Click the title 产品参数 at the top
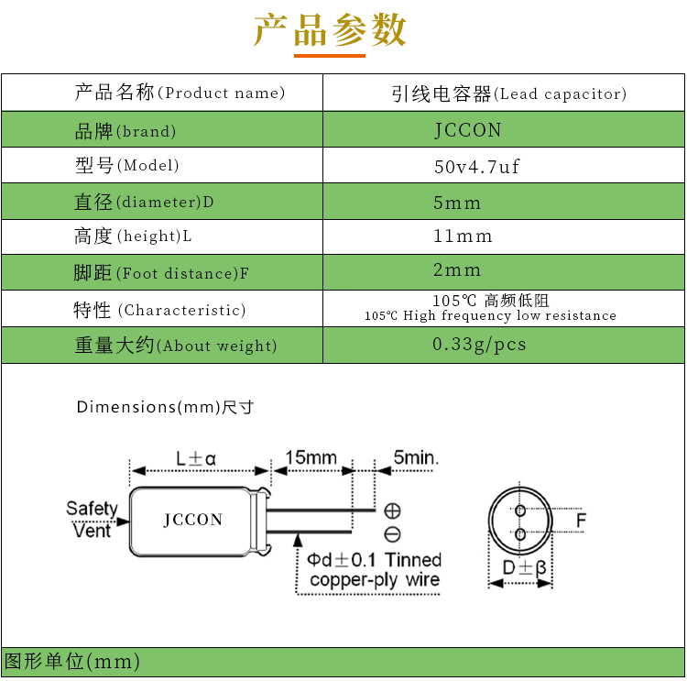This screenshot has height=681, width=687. pos(330,30)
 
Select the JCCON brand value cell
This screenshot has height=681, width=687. pos(468,130)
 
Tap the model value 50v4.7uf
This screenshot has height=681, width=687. pos(476,167)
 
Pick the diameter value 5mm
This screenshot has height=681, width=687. pos(457,202)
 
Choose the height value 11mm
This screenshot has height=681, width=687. pos(463,236)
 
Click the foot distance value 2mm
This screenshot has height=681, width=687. pos(457,270)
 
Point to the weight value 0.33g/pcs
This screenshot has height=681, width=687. pos(479,345)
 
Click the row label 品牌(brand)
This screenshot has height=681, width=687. pos(125,131)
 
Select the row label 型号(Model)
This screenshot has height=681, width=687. pos(126,166)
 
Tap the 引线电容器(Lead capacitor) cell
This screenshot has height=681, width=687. pos(508,93)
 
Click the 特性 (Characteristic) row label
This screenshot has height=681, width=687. pos(159,310)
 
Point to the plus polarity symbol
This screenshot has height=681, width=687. pos(392,511)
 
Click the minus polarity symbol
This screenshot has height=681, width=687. pos(392,534)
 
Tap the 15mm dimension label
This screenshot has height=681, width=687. pos(311,456)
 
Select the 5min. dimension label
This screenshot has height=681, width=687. pos(416,456)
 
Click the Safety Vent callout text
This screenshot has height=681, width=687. pos(92,519)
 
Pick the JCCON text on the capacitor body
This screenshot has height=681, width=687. pos(193,520)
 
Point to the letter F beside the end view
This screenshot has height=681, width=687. pos(581,522)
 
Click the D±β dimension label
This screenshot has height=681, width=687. pos(524,568)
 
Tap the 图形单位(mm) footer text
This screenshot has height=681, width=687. pos(72,662)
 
